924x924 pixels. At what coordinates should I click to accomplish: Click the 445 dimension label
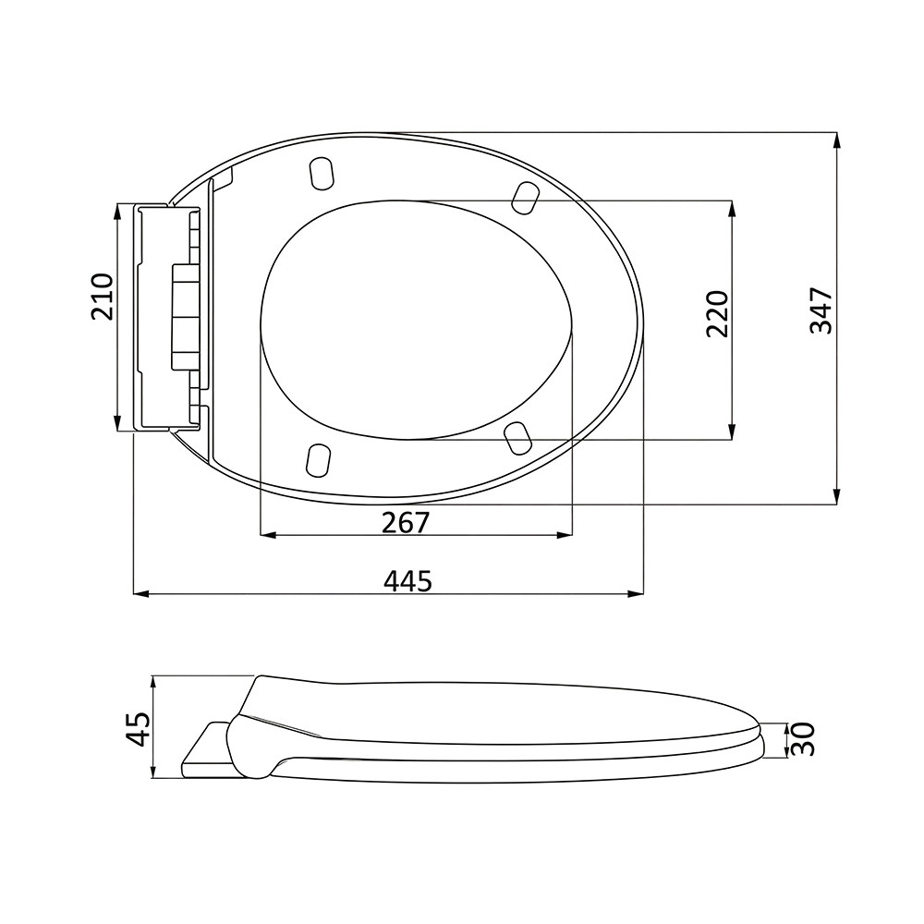click(x=407, y=581)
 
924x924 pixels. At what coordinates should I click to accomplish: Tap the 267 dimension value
click(x=406, y=522)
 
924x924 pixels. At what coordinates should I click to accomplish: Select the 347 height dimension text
click(x=821, y=311)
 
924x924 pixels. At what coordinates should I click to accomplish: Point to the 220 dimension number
click(x=717, y=313)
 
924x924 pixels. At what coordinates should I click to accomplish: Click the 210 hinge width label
click(x=102, y=297)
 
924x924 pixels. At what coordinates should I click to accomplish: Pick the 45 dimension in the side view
click(x=140, y=728)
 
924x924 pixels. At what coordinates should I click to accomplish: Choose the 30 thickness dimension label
click(x=802, y=739)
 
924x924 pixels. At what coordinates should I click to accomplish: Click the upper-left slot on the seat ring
click(x=322, y=174)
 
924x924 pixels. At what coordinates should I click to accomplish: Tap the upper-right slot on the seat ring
click(x=525, y=198)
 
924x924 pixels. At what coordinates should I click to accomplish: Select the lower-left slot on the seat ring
click(x=318, y=459)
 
